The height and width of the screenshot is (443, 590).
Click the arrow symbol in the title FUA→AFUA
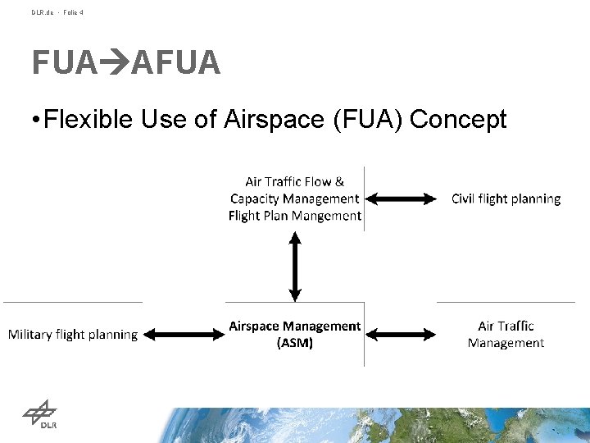(114, 62)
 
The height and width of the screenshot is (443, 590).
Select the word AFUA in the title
(175, 62)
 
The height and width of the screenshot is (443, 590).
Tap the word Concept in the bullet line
(458, 120)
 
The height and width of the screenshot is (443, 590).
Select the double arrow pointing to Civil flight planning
(402, 199)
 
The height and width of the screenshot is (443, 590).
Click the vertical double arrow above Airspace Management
(295, 266)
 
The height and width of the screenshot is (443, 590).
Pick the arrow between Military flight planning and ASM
(184, 334)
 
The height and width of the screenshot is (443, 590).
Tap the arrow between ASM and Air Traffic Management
(402, 334)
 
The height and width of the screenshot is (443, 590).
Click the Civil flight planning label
(506, 199)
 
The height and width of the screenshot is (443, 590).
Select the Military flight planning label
(73, 335)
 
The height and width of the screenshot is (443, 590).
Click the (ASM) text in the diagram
(295, 343)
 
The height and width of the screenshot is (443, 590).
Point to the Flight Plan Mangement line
(295, 216)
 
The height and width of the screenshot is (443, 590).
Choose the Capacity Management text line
(295, 199)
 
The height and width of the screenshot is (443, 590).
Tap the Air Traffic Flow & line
(295, 181)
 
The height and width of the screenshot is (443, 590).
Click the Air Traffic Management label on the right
(506, 334)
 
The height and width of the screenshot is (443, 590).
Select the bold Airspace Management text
(295, 327)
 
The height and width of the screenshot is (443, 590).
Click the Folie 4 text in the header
(71, 12)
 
